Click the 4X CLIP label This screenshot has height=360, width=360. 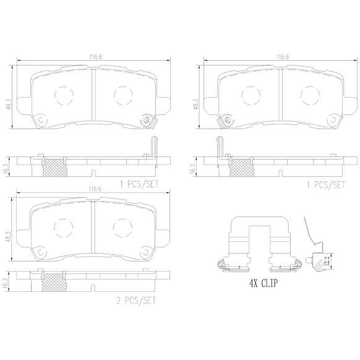pos(264,283)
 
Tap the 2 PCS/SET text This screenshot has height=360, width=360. pos(136,300)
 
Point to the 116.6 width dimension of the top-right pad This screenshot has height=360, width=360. pos(283,57)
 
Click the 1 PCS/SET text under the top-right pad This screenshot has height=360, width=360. pos(326,184)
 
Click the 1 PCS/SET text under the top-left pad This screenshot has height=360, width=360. pos(139,184)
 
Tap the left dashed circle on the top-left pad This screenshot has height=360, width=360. pos(64,95)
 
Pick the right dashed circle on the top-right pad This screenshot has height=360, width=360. pos(310,95)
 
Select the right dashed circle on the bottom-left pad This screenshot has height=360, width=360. pos(123,228)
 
